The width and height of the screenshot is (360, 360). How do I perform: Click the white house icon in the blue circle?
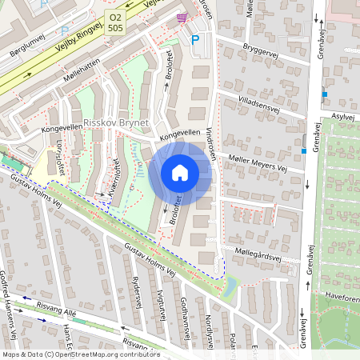coord(180,173)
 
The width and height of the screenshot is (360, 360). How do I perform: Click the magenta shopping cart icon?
coord(182,18)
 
